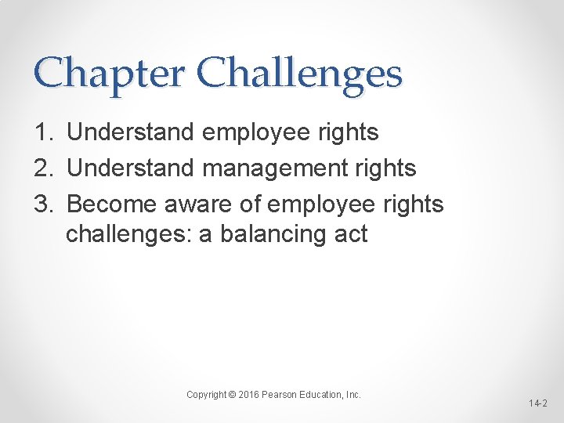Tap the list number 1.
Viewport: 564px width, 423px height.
pos(43,133)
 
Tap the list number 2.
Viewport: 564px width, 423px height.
pos(43,168)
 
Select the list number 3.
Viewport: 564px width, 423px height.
pos(43,204)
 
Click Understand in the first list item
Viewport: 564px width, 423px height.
pos(129,133)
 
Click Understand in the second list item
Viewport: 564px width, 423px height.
pos(129,168)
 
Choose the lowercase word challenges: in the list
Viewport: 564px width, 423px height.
pos(129,234)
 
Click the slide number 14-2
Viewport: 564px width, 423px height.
pos(537,404)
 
